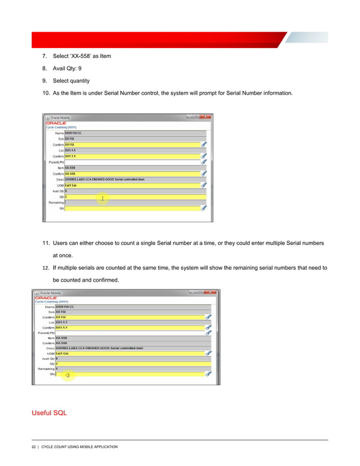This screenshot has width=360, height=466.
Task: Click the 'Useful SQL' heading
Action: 50,413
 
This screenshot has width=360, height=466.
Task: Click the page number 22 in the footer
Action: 34,447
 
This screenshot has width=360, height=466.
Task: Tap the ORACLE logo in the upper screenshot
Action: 57,122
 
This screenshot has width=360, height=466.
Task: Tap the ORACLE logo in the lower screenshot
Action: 46,297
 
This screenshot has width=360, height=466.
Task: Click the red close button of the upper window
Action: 208,117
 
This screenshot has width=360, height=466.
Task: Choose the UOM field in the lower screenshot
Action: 130,353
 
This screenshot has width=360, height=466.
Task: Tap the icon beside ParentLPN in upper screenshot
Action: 204,162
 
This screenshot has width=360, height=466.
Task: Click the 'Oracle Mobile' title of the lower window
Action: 50,292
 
